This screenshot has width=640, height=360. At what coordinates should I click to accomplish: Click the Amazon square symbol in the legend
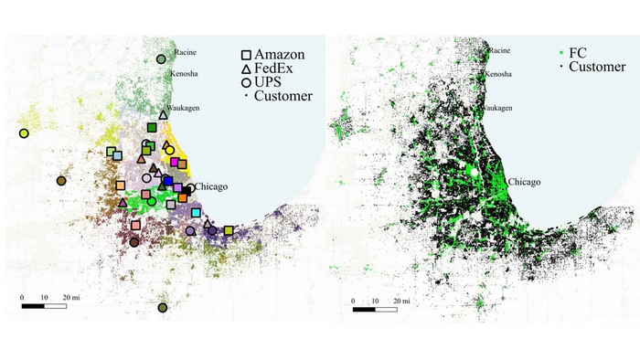[x=247, y=56]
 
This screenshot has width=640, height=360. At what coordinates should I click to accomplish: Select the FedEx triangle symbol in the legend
[x=247, y=69]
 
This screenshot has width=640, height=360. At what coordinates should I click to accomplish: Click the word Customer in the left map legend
[x=283, y=96]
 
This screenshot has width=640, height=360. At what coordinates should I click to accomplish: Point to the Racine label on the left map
[x=185, y=52]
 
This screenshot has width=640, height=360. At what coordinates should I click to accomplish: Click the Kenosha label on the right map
[x=499, y=73]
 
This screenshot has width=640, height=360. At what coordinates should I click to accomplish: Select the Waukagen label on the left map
[x=186, y=107]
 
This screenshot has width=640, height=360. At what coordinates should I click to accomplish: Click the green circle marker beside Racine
[x=161, y=58]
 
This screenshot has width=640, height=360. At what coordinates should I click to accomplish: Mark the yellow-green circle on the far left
[x=24, y=133]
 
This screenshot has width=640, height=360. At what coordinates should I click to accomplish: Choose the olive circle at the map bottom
[x=163, y=308]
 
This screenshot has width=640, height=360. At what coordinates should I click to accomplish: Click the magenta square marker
[x=174, y=162]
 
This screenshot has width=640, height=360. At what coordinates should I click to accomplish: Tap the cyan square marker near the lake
[x=197, y=213]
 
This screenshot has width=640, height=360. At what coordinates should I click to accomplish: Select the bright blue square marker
[x=167, y=182]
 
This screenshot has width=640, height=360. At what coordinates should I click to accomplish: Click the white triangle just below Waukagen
[x=163, y=115]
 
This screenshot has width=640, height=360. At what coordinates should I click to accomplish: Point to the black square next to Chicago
[x=187, y=189]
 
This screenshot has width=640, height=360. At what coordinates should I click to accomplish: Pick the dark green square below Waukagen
[x=152, y=128]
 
